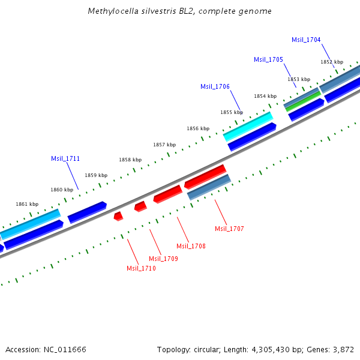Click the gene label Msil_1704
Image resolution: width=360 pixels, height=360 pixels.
(306, 40)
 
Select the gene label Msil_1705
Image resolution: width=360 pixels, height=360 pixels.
(268, 59)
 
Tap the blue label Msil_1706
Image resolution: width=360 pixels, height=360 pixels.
(215, 86)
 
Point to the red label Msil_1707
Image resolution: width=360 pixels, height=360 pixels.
(229, 229)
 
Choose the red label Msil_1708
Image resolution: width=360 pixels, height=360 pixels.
(191, 246)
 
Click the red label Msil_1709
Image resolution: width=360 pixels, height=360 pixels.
(163, 259)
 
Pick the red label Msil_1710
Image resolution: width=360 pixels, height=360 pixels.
(141, 268)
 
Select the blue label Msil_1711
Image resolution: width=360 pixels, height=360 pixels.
(65, 158)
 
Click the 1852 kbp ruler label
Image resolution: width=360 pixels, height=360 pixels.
(331, 62)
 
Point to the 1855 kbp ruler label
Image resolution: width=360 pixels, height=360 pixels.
(231, 112)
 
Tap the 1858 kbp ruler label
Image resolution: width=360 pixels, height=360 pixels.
(130, 160)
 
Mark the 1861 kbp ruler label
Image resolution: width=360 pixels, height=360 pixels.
(26, 204)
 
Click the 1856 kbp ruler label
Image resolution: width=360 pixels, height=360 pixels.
(197, 128)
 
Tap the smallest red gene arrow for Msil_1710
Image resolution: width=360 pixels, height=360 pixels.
(118, 215)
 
